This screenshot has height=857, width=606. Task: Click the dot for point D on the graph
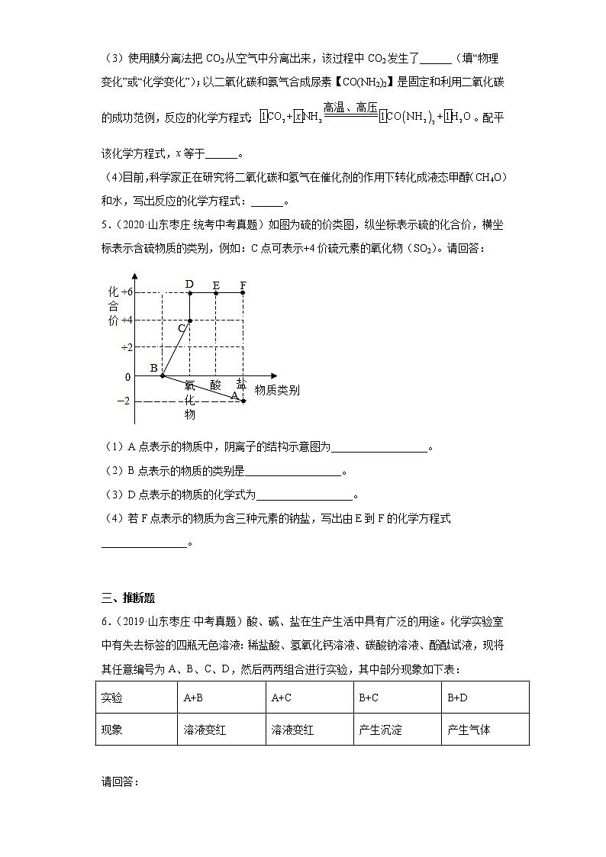pyautogui.click(x=189, y=292)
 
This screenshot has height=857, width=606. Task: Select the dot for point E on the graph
pyautogui.click(x=216, y=292)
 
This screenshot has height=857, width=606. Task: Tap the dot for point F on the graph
pyautogui.click(x=243, y=292)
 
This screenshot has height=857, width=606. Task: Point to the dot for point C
pyautogui.click(x=189, y=321)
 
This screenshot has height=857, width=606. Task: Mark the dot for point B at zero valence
pyautogui.click(x=162, y=375)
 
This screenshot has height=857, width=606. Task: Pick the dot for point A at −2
pyautogui.click(x=243, y=401)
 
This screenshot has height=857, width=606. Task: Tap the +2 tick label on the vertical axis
pyautogui.click(x=127, y=347)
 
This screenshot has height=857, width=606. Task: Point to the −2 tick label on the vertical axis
pyautogui.click(x=122, y=401)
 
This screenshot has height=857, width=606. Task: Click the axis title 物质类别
pyautogui.click(x=277, y=390)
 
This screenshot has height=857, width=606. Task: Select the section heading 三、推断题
pyautogui.click(x=128, y=598)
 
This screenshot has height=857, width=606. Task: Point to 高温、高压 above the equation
pyautogui.click(x=350, y=107)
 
